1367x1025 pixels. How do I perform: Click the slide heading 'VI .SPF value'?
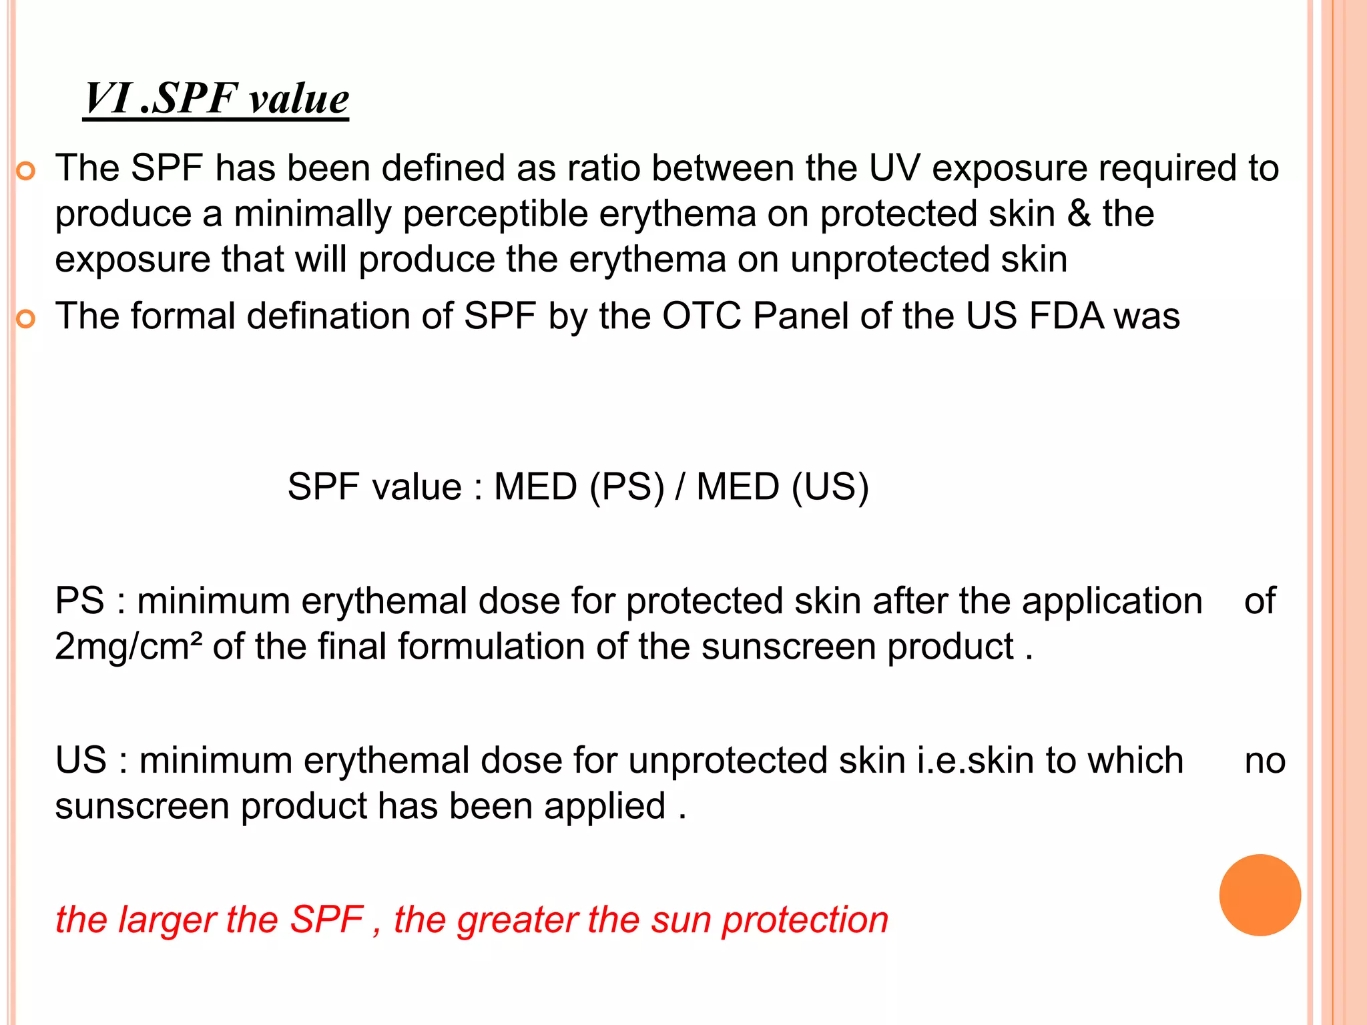[216, 99]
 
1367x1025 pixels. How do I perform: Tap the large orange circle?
[1260, 895]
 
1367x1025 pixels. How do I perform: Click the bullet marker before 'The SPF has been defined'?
[25, 172]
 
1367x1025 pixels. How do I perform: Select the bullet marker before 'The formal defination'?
[25, 320]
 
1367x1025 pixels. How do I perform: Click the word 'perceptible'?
[495, 215]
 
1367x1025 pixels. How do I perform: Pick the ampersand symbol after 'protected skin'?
[1079, 214]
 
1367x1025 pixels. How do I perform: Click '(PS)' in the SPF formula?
[627, 486]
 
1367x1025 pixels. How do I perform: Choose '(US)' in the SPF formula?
[830, 486]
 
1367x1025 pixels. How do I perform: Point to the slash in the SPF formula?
[679, 486]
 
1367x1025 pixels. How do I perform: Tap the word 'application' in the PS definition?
[1112, 601]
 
